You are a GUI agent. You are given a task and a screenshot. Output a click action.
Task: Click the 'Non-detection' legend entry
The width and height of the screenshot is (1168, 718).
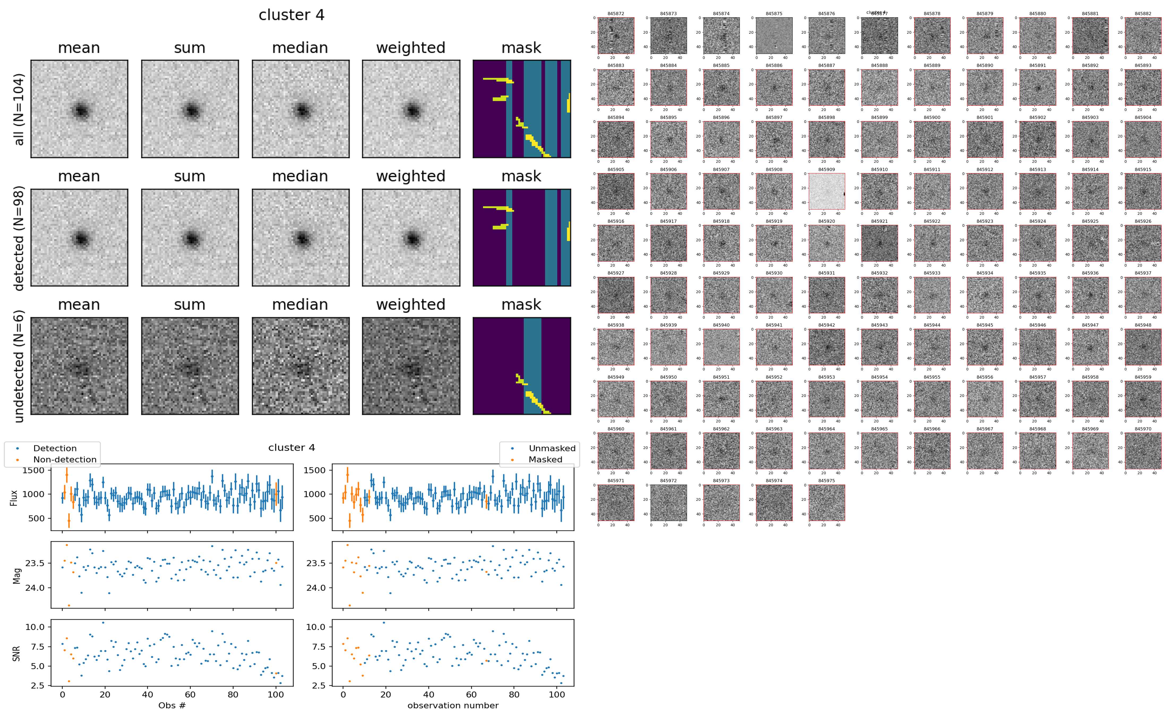pyautogui.click(x=65, y=459)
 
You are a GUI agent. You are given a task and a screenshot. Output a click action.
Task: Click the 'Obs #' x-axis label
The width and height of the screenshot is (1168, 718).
pyautogui.click(x=172, y=705)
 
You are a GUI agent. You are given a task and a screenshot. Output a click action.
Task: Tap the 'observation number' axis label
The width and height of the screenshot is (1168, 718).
pyautogui.click(x=453, y=705)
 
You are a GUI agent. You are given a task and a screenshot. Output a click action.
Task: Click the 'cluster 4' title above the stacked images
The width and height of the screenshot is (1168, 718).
pyautogui.click(x=291, y=15)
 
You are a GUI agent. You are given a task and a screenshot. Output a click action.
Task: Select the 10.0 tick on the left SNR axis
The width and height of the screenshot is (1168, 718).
pyautogui.click(x=35, y=627)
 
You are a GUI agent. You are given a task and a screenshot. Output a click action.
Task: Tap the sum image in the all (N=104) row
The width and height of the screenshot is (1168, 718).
pyautogui.click(x=190, y=109)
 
